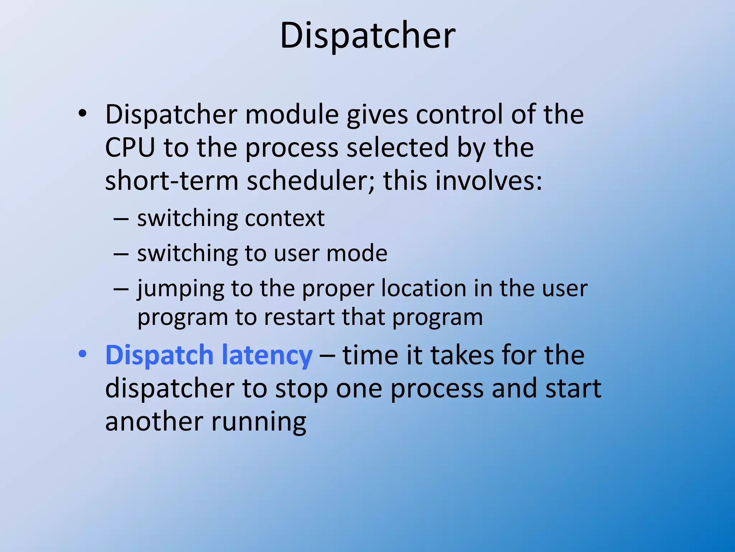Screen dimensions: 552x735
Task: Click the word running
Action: (259, 422)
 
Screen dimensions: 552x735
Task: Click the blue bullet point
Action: (83, 354)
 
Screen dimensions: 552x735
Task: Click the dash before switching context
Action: (121, 218)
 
